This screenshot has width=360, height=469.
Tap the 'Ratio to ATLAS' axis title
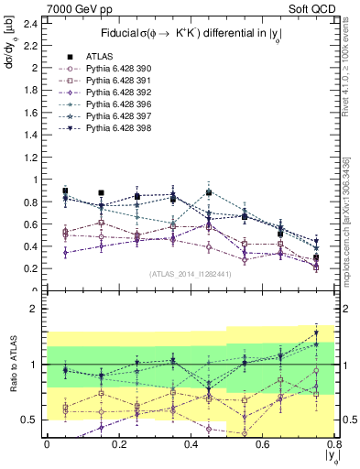tap(10, 365)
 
